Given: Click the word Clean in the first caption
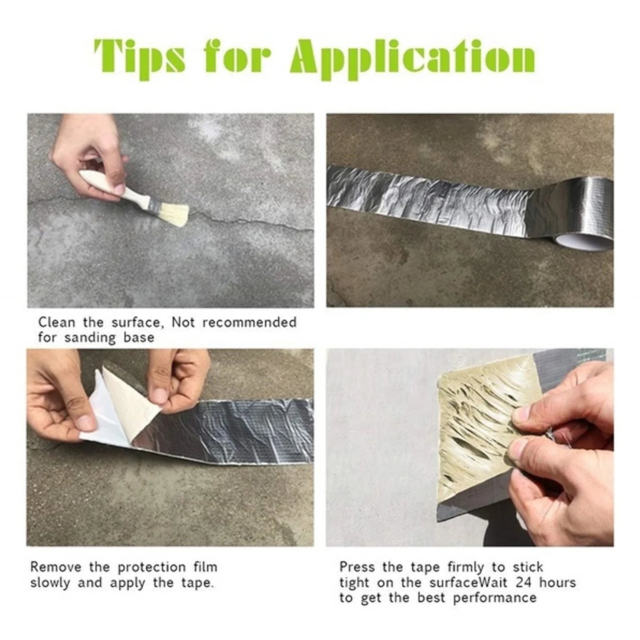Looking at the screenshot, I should [x=56, y=322].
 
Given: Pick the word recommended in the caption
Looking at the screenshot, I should [x=249, y=322].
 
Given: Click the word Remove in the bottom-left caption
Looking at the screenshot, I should [x=55, y=567].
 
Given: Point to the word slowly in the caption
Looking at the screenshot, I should [x=51, y=583].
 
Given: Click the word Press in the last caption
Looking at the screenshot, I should [x=357, y=567].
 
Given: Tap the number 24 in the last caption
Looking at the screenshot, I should [x=522, y=582].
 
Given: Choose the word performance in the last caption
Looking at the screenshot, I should [x=495, y=598].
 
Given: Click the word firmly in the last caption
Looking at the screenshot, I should [x=466, y=567].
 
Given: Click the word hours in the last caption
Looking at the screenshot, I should [x=557, y=582].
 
